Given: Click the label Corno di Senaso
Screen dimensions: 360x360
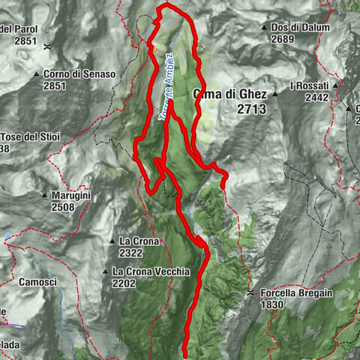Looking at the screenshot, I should point(79,74).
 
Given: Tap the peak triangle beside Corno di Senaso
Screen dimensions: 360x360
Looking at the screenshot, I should point(36,74).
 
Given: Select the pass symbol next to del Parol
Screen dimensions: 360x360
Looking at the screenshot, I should point(46,46).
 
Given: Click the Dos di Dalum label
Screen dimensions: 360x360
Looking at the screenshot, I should point(301,28).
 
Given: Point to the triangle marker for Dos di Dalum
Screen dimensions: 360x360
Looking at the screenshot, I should point(264,28).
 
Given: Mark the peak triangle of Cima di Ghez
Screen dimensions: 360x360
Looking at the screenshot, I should point(275,94).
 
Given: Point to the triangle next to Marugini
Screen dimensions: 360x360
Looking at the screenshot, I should point(44,196).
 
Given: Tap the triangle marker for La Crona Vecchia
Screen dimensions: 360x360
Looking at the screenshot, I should point(105,271).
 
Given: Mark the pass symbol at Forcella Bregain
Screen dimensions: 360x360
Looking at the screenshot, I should point(250,292).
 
